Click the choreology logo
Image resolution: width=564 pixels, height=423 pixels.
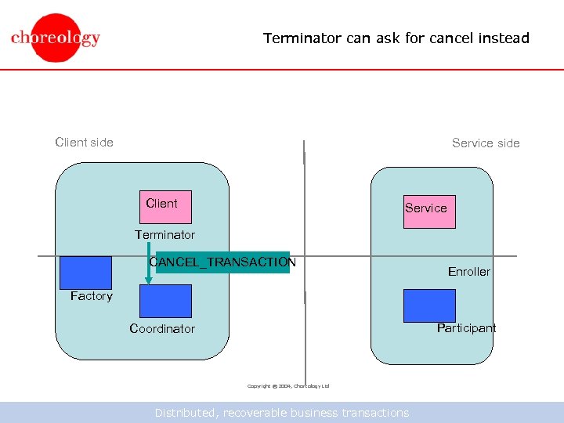[x=56, y=38]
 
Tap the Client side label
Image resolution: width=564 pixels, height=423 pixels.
[x=84, y=143]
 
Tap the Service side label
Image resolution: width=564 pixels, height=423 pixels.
[x=486, y=143]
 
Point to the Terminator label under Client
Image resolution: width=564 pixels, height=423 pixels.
[x=164, y=235]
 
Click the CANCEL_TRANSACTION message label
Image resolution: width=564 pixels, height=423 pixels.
[x=223, y=262]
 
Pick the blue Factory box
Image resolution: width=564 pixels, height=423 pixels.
[x=85, y=273]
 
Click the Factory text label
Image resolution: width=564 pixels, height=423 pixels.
[x=91, y=296]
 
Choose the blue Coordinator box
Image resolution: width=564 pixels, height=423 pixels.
[x=165, y=301]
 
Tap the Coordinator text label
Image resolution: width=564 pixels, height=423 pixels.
[x=162, y=329]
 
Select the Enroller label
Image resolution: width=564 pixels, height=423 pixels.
[x=468, y=272]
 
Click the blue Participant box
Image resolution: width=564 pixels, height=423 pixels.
[x=428, y=305]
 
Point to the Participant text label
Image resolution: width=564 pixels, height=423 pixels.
[x=466, y=328]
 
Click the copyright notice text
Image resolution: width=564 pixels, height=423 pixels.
[x=288, y=386]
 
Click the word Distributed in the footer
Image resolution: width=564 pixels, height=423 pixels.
[x=186, y=413]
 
